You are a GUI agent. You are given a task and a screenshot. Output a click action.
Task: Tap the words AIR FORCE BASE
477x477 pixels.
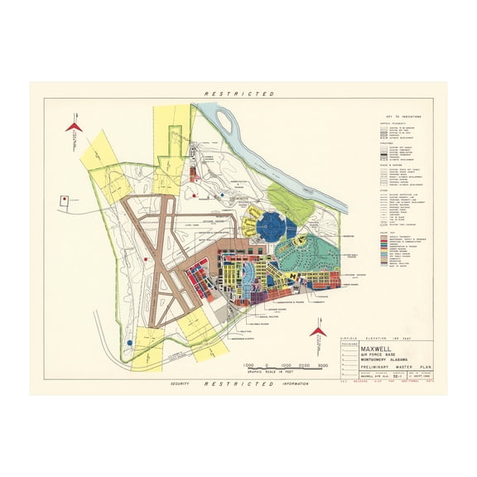click(x=378, y=354)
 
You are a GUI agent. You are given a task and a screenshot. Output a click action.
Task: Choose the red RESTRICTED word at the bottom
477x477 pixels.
click(x=238, y=383)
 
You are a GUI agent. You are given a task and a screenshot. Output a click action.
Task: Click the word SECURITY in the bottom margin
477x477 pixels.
click(x=181, y=383)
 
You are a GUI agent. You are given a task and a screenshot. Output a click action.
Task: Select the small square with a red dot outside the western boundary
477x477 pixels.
click(x=65, y=199)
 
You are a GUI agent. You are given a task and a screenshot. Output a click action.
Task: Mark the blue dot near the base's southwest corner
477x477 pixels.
click(x=130, y=341)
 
